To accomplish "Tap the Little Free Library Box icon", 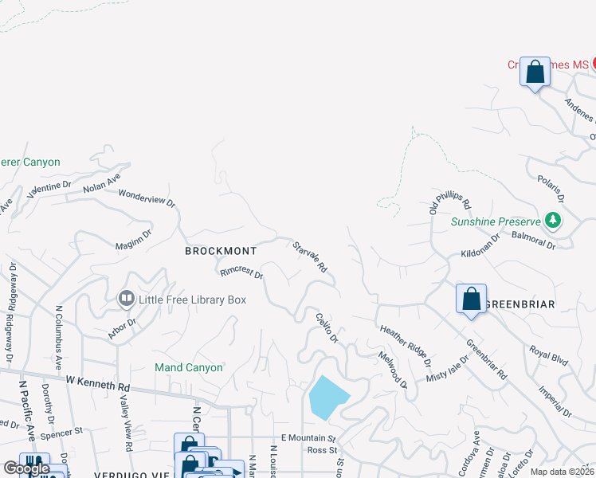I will tap(126, 300).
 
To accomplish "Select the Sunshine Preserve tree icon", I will tap(551, 221).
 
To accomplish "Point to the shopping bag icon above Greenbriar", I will tap(471, 300).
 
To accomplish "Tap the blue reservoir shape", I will tap(327, 397).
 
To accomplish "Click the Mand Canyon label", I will tap(189, 367).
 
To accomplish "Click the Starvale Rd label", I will tap(310, 257).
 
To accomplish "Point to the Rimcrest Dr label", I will tap(241, 272).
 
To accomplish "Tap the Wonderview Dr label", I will tap(147, 198).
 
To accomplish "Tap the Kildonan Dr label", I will tap(480, 245).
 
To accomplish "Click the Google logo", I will tap(25, 469).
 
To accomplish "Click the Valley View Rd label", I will tap(126, 419).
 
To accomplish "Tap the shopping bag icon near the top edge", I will tap(535, 72).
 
